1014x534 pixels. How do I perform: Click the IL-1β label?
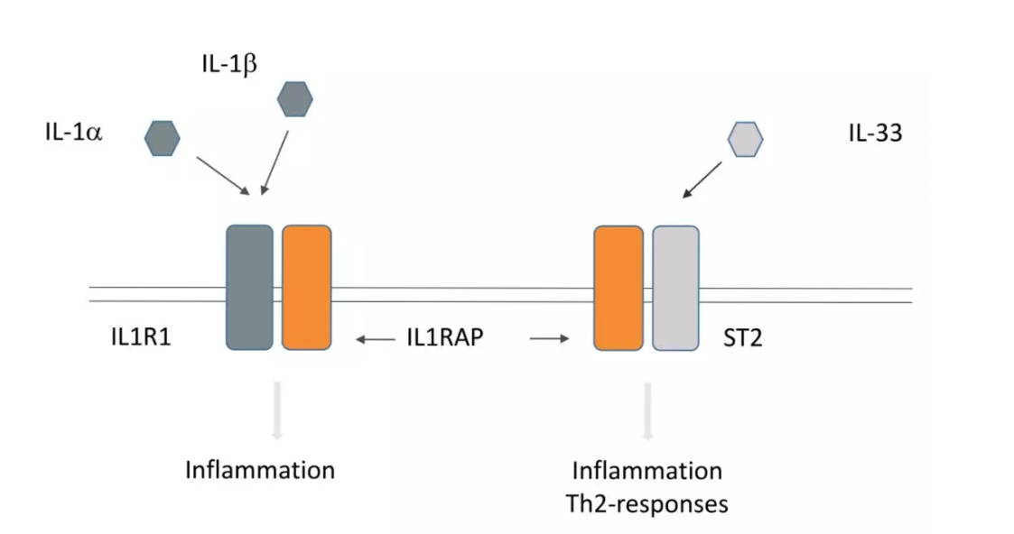229,65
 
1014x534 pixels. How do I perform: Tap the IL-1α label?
74,133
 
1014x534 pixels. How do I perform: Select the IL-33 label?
875,133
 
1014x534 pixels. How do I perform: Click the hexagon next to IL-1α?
162,138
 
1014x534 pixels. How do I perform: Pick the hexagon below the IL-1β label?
295,99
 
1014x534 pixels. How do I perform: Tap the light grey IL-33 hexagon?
745,140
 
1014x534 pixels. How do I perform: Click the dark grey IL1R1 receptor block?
249,288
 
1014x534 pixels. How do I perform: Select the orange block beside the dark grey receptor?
306,288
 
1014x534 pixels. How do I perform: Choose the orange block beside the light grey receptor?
619,288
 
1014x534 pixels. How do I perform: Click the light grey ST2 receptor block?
675,288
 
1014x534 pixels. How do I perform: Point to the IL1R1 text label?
141,337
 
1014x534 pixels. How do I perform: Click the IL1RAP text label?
445,337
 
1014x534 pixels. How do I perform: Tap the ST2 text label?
743,337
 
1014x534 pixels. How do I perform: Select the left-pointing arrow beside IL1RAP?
376,339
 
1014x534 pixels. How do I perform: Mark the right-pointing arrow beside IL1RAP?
550,338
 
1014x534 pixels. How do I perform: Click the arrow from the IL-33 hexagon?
702,180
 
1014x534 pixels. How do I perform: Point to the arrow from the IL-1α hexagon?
223,176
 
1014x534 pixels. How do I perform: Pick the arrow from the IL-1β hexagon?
274,162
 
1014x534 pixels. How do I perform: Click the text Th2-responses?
647,503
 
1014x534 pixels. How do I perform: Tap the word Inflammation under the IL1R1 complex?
260,470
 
